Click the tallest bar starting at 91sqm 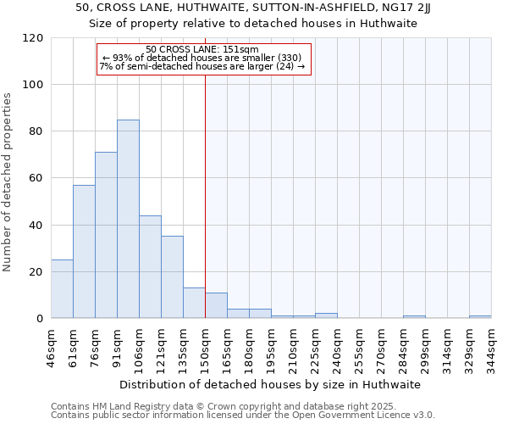point(128,219)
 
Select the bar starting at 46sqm point(62,288)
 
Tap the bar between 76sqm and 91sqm point(106,235)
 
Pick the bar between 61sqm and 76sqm point(84,251)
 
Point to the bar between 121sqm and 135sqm point(172,276)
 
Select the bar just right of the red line point(216,305)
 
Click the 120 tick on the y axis point(33,38)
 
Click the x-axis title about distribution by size point(270,384)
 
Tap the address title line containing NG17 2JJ point(253,8)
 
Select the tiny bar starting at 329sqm point(480,316)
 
